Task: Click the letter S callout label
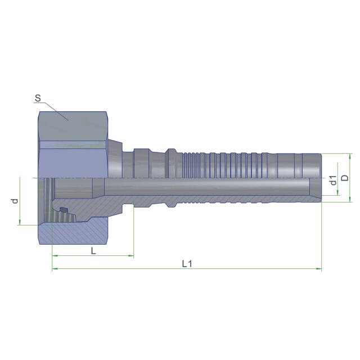(x=38, y=98)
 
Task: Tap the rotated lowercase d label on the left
(x=15, y=201)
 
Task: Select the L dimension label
(x=93, y=251)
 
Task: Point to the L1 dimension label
(x=187, y=264)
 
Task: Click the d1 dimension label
(x=333, y=180)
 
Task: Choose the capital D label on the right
(x=345, y=178)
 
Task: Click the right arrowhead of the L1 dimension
(x=319, y=269)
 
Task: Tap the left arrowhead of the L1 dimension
(x=55, y=269)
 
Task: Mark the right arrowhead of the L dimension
(x=131, y=255)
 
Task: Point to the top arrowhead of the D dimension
(x=350, y=156)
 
